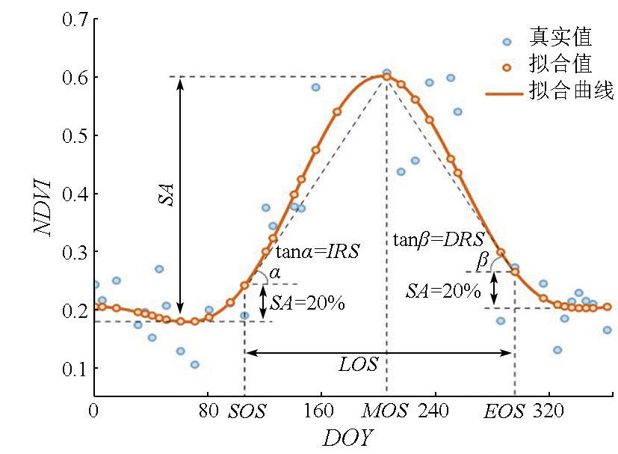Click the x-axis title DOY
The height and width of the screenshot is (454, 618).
pos(347,438)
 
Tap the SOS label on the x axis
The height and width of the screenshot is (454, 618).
pos(247,411)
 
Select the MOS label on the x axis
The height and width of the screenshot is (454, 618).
pos(385,411)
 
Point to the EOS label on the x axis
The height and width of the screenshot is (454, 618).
pos(504,411)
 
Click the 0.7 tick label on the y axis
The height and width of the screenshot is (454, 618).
pos(72,19)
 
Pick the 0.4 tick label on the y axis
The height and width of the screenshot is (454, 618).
pos(72,194)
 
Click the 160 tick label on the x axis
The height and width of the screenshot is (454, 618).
pos(321,411)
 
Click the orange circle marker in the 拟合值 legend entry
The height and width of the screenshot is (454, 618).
pos(507,67)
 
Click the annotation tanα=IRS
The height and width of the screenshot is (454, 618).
pos(318,252)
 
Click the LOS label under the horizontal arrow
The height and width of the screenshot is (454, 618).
pos(359,365)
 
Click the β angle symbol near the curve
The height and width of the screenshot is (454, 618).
pos(482,263)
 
